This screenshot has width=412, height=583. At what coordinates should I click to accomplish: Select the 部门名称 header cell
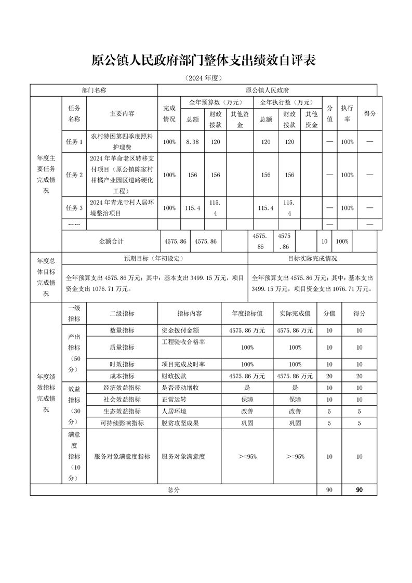click(x=94, y=90)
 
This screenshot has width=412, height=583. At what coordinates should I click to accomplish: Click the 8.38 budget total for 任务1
click(x=192, y=142)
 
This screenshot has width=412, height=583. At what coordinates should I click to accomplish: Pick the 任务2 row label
click(x=74, y=175)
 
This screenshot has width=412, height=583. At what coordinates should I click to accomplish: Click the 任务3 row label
click(x=74, y=208)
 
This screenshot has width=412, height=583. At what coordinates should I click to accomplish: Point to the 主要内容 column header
click(x=122, y=114)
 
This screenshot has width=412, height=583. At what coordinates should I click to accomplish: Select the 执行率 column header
click(x=347, y=114)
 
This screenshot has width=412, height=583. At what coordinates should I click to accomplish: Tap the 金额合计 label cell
click(x=112, y=242)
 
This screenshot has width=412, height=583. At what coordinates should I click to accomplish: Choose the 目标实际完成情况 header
click(x=313, y=258)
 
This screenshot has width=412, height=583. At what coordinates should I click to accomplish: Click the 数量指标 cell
click(x=122, y=330)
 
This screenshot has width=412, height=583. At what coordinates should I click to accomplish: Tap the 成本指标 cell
click(x=122, y=376)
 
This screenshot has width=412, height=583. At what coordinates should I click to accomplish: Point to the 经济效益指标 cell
click(x=122, y=388)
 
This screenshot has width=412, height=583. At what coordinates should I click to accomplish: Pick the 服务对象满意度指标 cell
click(x=122, y=457)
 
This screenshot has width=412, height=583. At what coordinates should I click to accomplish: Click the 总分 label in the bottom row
click(x=173, y=489)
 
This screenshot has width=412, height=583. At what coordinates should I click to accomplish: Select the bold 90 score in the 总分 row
click(x=359, y=489)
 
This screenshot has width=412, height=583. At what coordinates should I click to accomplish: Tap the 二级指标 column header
click(x=122, y=313)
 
